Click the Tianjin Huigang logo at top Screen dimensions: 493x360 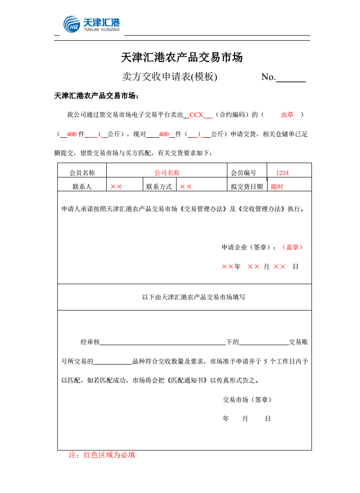click(92, 24)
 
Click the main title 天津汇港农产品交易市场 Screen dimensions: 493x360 click(182, 58)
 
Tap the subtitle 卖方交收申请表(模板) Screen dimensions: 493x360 click(169, 77)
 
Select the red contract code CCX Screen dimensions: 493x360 click(196, 115)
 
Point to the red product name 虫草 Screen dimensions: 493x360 click(287, 115)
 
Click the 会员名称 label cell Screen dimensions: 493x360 click(82, 173)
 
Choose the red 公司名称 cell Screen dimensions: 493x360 click(167, 173)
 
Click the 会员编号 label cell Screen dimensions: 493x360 click(244, 173)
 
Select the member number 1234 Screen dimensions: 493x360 click(282, 173)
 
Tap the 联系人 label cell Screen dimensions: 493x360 click(82, 187)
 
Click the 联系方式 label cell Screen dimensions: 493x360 click(159, 187)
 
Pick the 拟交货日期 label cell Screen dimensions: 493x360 click(247, 187)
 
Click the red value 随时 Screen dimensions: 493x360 click(277, 187)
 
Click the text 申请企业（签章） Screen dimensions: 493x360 click(249, 247)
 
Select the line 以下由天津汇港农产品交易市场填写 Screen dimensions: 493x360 click(194, 297)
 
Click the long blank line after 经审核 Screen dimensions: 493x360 click(163, 343)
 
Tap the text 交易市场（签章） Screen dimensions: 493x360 click(247, 399)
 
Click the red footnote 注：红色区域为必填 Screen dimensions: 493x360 click(102, 455)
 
